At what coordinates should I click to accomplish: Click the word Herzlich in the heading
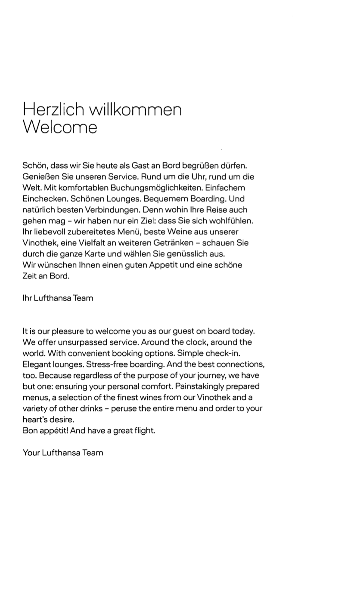click(53, 110)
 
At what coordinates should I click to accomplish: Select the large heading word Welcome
click(60, 127)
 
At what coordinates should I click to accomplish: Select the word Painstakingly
click(202, 386)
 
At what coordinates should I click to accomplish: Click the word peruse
click(123, 408)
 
